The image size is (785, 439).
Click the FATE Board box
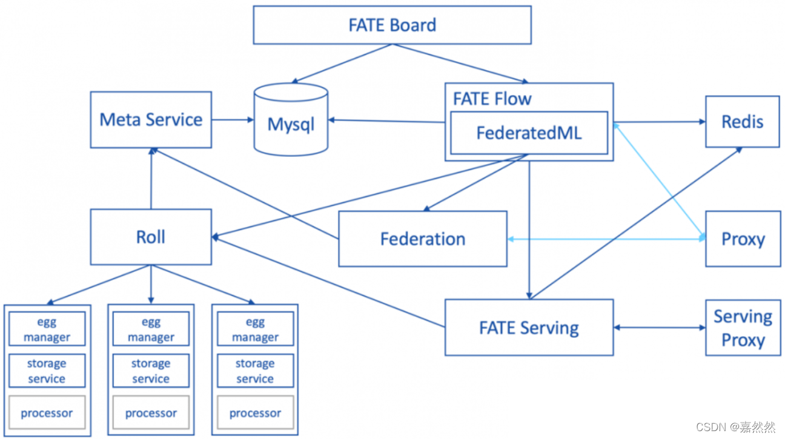pyautogui.click(x=392, y=25)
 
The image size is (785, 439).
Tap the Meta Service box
pyautogui.click(x=151, y=120)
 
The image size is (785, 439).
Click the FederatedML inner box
pyautogui.click(x=529, y=133)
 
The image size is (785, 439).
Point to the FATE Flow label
pyautogui.click(x=492, y=99)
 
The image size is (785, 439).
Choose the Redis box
pyautogui.click(x=742, y=122)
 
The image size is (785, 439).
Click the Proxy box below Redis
pyautogui.click(x=743, y=239)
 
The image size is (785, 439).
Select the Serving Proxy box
pyautogui.click(x=743, y=328)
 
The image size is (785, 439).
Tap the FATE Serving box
pyautogui.click(x=529, y=328)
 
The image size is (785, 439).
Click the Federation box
pyautogui.click(x=422, y=239)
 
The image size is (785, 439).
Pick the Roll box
pyautogui.click(x=151, y=237)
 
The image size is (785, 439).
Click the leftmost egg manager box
pyautogui.click(x=47, y=329)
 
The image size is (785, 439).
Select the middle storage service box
pyautogui.click(x=151, y=371)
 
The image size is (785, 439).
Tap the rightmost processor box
pyautogui.click(x=255, y=414)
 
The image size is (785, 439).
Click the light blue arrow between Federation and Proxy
pyautogui.click(x=606, y=240)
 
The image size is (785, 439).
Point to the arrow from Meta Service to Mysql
pyautogui.click(x=233, y=120)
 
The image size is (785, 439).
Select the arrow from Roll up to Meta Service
pyautogui.click(x=151, y=179)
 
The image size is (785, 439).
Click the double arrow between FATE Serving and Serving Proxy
pyautogui.click(x=659, y=328)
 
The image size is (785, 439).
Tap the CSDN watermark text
pyautogui.click(x=735, y=427)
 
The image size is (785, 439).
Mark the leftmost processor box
pyautogui.click(x=47, y=414)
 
